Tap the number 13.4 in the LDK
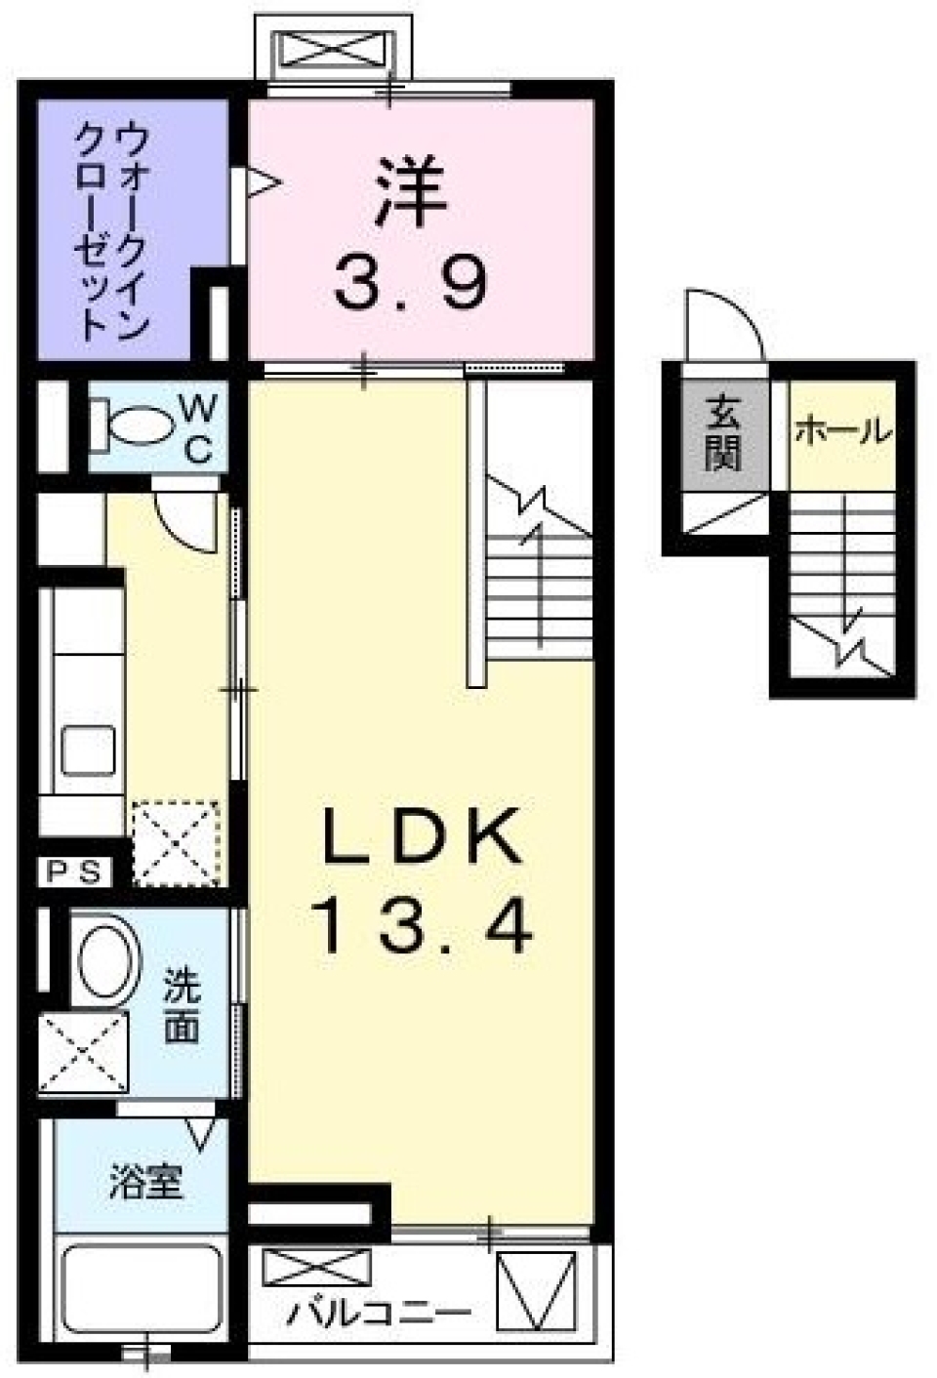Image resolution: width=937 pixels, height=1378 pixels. pos(422,926)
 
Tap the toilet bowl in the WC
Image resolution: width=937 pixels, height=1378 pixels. pos(137,426)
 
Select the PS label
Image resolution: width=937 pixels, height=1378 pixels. pos(74,872)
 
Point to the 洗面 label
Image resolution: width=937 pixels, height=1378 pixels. pos(182,1005)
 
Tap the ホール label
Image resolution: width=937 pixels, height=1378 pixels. pos(841,429)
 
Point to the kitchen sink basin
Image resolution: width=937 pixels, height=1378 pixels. pos(88,751)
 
